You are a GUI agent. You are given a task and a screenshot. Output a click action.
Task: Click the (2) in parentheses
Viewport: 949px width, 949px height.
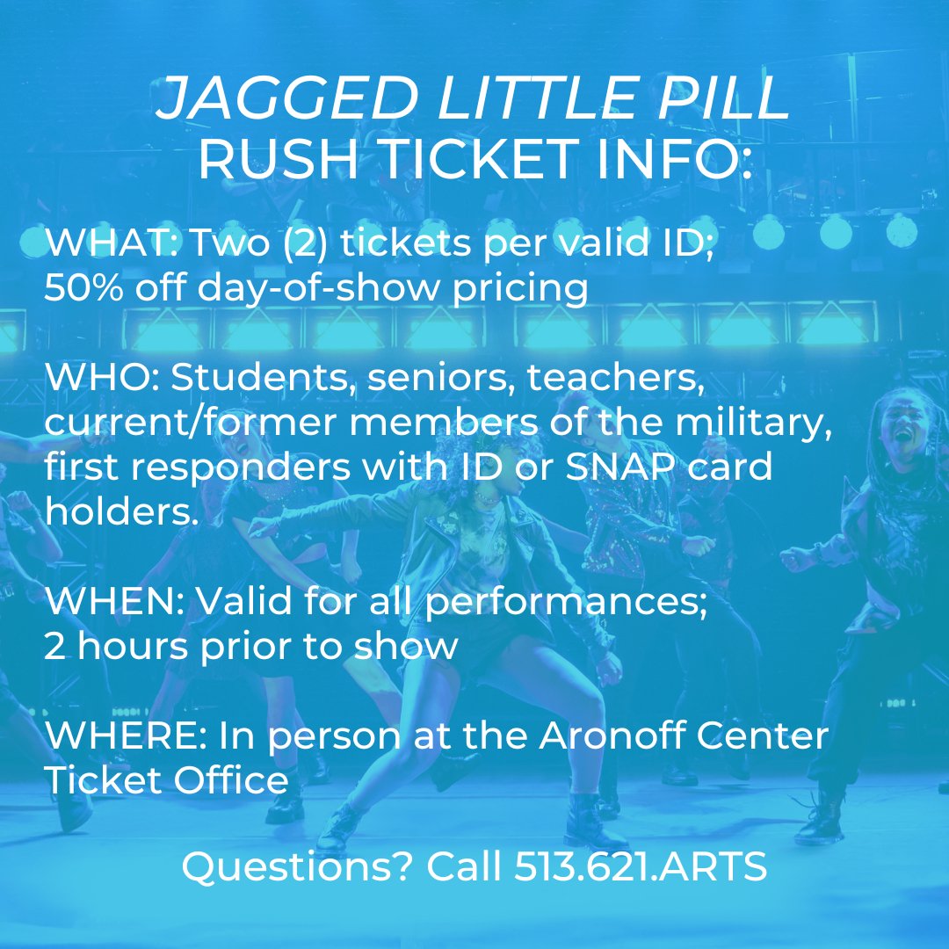[298, 243]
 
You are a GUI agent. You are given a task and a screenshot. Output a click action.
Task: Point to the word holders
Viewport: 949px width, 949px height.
[120, 512]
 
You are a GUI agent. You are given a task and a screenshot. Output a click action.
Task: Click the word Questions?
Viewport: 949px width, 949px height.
[296, 867]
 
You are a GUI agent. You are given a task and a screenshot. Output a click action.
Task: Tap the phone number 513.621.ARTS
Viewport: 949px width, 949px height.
[641, 867]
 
